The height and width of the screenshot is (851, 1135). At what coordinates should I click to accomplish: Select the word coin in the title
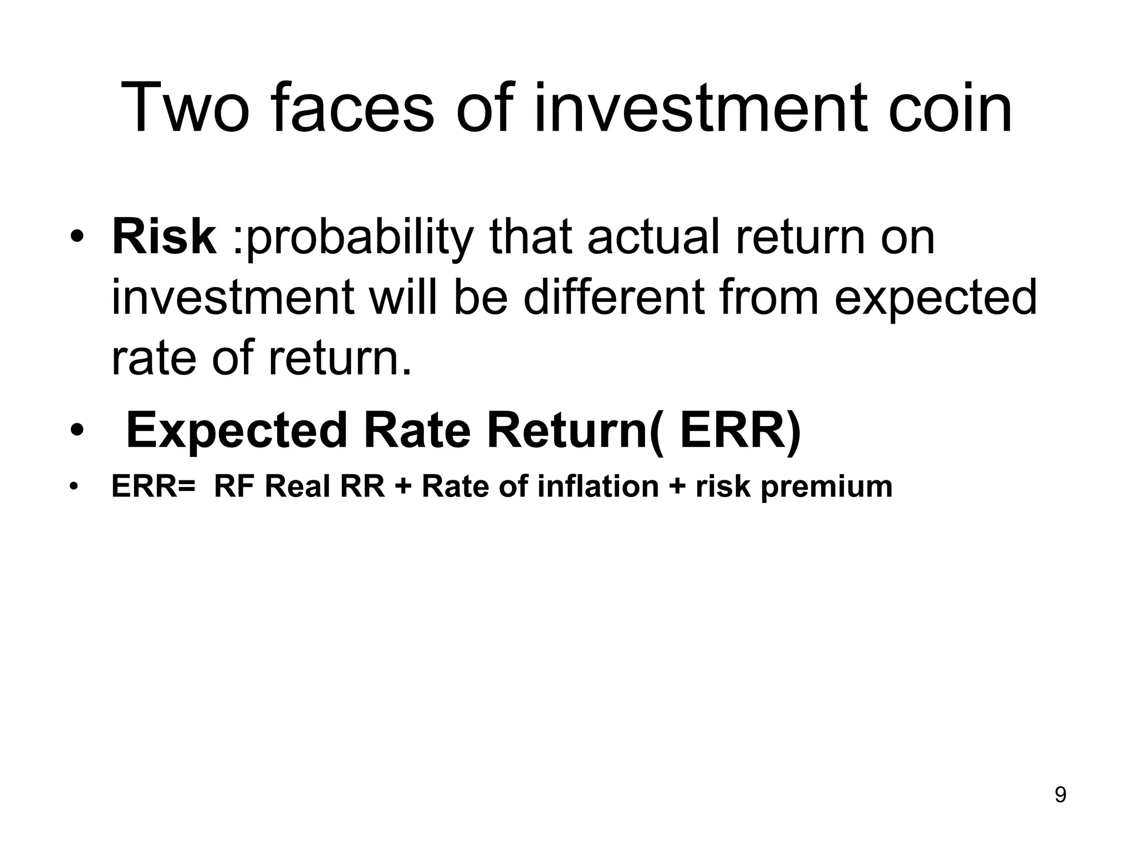coord(950,108)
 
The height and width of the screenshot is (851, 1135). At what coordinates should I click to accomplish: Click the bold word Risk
coord(164,238)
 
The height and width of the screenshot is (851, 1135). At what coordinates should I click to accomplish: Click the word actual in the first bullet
coord(653,238)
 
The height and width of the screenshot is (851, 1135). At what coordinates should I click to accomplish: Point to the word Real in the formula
coord(297,487)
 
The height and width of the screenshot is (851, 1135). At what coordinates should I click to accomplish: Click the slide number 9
coord(1060,795)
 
